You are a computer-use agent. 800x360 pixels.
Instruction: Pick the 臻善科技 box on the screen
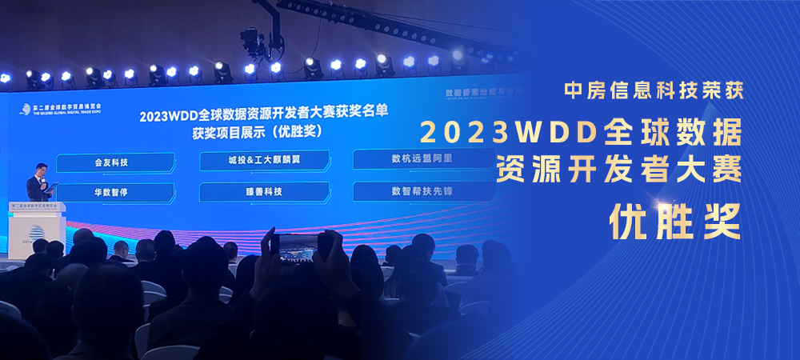(x=264, y=191)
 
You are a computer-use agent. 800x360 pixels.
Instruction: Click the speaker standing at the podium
(x=39, y=181)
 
